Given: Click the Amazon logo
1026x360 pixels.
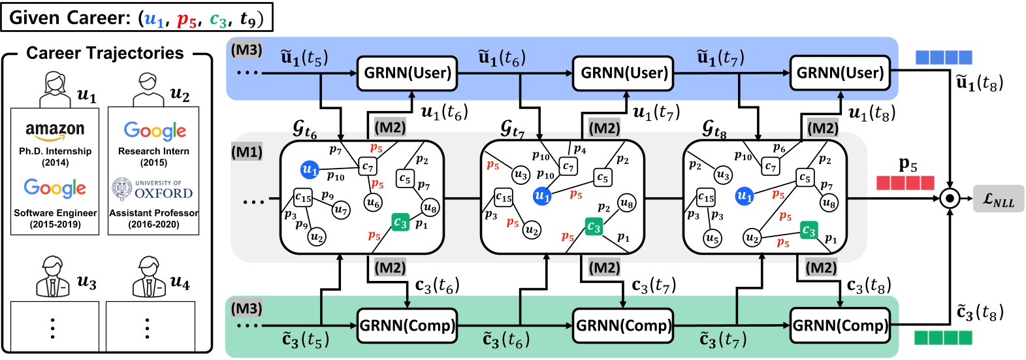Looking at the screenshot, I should (55, 131).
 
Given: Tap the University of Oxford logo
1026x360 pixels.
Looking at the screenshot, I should (153, 189).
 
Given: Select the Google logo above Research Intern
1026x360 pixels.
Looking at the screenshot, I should (154, 131).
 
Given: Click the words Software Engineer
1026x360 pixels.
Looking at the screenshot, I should (56, 213).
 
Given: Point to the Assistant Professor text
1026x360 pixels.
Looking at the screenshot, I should (153, 213).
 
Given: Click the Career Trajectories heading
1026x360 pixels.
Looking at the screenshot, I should (104, 54).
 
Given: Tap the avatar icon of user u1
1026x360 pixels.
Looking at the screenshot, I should (55, 90).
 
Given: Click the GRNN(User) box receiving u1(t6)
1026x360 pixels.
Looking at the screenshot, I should (408, 73).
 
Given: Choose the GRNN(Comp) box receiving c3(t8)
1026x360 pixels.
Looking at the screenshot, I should (839, 325).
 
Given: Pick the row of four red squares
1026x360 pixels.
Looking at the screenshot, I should (905, 182).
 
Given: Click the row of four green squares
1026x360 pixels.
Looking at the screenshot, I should (942, 337).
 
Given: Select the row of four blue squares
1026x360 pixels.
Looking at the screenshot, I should (944, 57).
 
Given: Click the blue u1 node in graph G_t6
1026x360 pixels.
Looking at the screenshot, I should (310, 170).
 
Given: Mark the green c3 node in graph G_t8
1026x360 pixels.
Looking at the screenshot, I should (809, 231).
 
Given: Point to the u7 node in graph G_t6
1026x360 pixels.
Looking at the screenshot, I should (340, 210).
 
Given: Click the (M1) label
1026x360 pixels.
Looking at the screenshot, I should (246, 152).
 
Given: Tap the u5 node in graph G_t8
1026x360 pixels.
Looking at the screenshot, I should (713, 238).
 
